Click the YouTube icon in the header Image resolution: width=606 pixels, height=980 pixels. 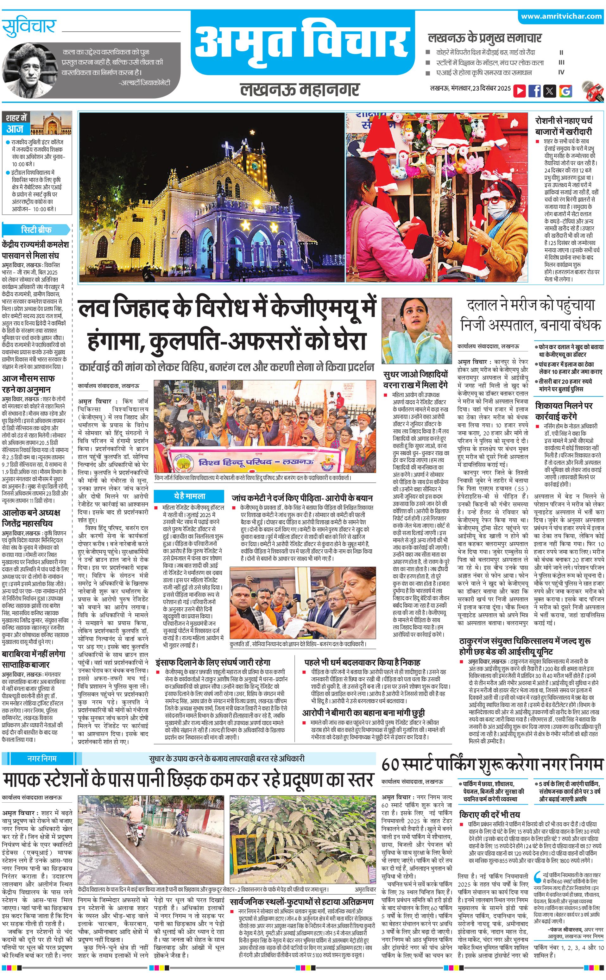click(x=520, y=91)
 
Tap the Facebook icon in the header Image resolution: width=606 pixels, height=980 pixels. click(x=535, y=91)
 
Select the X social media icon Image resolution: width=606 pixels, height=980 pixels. click(x=550, y=91)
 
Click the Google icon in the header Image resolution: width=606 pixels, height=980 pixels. click(x=565, y=91)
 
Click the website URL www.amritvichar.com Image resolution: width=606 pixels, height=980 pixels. click(x=561, y=16)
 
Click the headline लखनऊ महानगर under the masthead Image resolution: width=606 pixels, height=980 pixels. click(x=300, y=89)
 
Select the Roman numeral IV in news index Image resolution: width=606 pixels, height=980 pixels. click(x=561, y=73)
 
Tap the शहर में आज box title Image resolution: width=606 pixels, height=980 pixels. click(x=16, y=123)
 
